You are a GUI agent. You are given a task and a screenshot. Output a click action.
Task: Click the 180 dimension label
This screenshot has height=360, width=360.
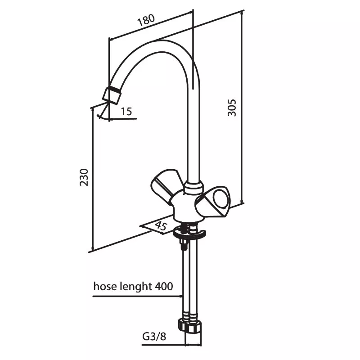pyautogui.click(x=146, y=20)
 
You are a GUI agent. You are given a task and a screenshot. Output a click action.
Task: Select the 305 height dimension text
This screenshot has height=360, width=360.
pyautogui.click(x=232, y=108)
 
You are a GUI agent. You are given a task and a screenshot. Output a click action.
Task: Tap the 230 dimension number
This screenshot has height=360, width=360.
pyautogui.click(x=84, y=177)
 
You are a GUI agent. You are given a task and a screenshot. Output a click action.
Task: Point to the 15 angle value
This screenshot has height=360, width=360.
pyautogui.click(x=126, y=112)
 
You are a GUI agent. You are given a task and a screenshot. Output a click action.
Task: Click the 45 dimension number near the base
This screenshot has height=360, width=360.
pyautogui.click(x=161, y=226)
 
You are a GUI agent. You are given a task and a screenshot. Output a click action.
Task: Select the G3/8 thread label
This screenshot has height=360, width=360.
pyautogui.click(x=154, y=337)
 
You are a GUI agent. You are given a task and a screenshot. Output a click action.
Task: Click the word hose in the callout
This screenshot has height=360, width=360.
pyautogui.click(x=106, y=286)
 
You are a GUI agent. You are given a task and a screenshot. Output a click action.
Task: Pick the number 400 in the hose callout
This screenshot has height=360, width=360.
pyautogui.click(x=164, y=286)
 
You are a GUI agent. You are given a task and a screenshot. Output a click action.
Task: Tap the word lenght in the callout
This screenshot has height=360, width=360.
pyautogui.click(x=136, y=287)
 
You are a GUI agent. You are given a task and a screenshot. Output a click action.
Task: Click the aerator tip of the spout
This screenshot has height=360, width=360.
pyautogui.click(x=111, y=95)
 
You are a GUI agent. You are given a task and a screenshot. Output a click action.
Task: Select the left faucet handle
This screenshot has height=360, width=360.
pyautogui.click(x=165, y=185)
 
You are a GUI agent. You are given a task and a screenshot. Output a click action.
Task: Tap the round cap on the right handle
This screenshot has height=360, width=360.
pyautogui.click(x=221, y=198)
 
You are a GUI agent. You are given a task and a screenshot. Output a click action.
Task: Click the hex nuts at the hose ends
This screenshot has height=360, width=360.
pyautogui.click(x=190, y=325)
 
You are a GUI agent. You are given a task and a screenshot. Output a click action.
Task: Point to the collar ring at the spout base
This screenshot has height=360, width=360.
pyautogui.click(x=194, y=188)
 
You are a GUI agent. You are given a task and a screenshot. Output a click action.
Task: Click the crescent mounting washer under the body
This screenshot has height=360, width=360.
pyautogui.click(x=189, y=233)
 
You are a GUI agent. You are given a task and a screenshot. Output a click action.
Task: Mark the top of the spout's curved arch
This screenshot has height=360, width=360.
pyautogui.click(x=161, y=40)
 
